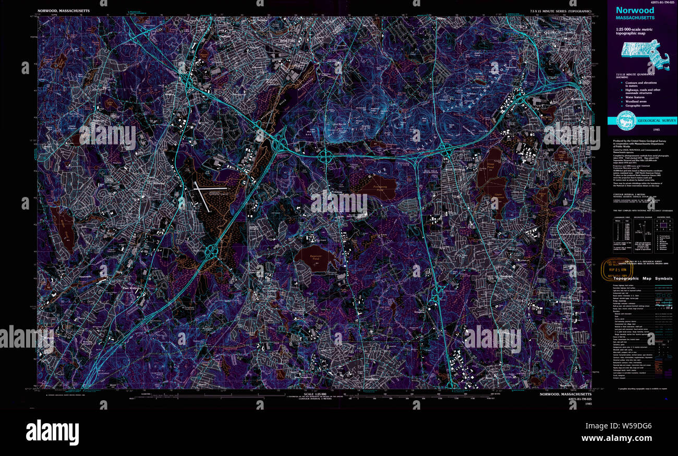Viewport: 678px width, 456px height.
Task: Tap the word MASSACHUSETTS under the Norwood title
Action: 634,19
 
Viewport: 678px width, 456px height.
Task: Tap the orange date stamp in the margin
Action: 614,268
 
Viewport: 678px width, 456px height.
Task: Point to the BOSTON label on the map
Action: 287,40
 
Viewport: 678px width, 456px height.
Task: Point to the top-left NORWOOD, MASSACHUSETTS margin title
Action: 64,10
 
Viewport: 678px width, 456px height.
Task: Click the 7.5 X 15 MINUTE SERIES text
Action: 561,10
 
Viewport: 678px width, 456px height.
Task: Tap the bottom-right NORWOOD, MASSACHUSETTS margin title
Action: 565,395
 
